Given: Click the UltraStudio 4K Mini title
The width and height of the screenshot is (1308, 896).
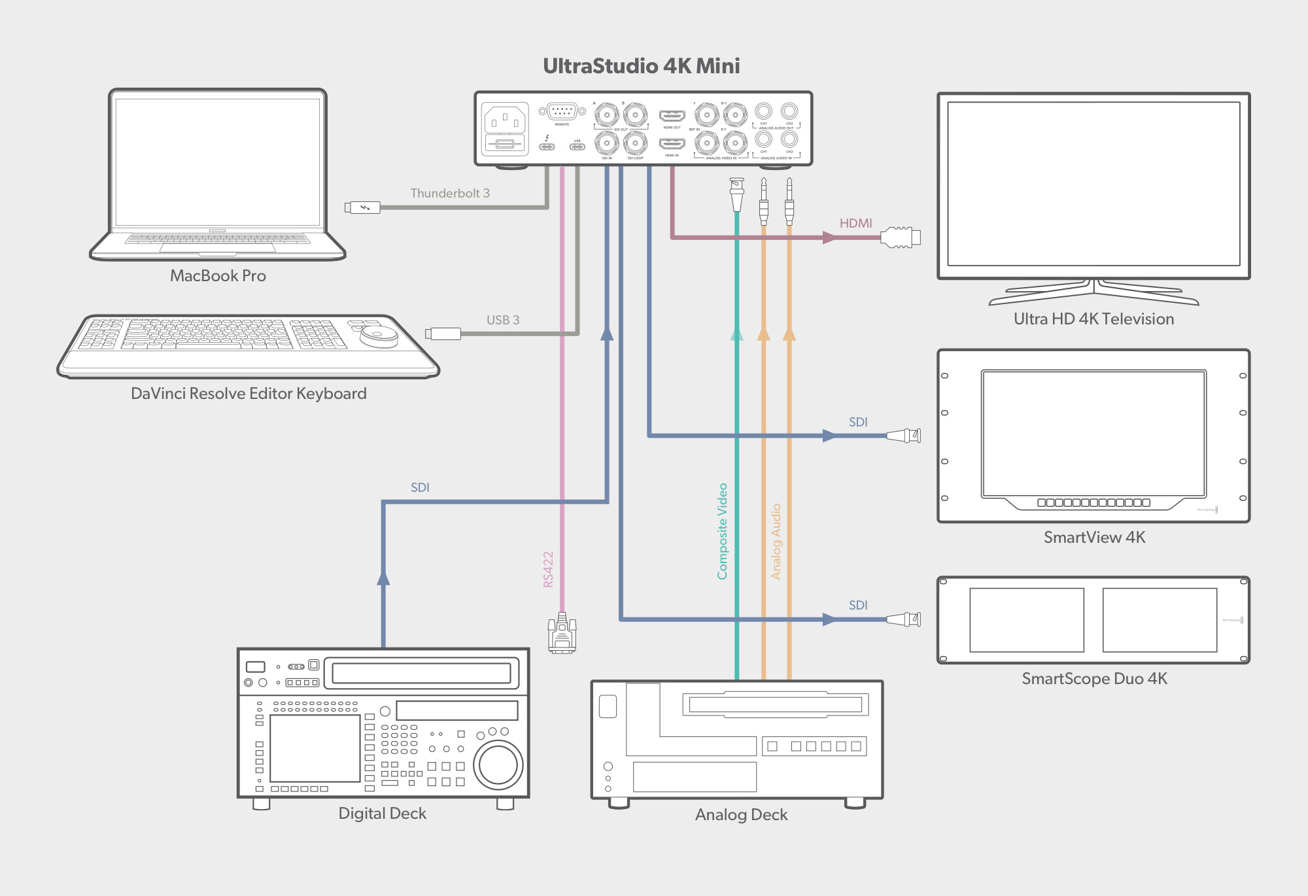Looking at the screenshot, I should [641, 66].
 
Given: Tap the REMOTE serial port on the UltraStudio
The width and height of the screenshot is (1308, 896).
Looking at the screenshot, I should [562, 111].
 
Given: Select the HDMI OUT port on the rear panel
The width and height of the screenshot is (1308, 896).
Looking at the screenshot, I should [672, 116].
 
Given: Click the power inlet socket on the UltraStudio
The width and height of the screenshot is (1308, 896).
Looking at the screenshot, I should [504, 120].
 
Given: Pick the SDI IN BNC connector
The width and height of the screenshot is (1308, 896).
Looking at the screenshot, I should [606, 143].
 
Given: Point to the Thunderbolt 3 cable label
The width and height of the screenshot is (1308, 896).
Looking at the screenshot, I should [450, 193].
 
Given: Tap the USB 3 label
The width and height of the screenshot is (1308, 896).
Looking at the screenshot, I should [502, 320].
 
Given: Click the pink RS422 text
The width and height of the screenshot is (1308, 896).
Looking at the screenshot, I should [548, 569].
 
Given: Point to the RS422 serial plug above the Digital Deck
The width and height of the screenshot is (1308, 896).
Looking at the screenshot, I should [562, 633].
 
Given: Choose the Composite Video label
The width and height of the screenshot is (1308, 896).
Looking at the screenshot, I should [722, 531].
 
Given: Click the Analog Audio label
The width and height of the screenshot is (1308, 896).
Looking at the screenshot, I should [776, 542].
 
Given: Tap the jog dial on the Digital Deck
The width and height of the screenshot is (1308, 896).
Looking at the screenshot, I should [498, 765].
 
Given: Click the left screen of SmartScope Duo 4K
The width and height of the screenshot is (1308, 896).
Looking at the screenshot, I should [1026, 619].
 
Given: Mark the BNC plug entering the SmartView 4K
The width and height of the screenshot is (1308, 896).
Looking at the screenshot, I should [904, 436].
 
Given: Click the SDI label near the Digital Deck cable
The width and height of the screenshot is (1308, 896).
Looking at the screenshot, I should [420, 487].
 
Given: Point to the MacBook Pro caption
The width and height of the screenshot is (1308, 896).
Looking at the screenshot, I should [218, 276].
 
